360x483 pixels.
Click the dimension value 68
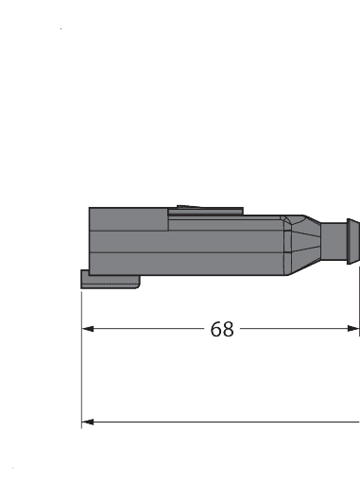[x=222, y=329]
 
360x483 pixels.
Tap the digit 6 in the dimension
[x=216, y=329]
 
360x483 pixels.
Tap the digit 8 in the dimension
[x=228, y=329]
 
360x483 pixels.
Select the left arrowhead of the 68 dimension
[x=89, y=329]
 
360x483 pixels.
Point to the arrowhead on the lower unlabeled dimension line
[x=88, y=422]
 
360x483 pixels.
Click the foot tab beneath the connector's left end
[x=110, y=281]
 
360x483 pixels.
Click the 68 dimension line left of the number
[x=151, y=329]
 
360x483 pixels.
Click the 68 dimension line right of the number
[x=293, y=329]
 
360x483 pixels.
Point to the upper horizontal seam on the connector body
[x=180, y=230]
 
